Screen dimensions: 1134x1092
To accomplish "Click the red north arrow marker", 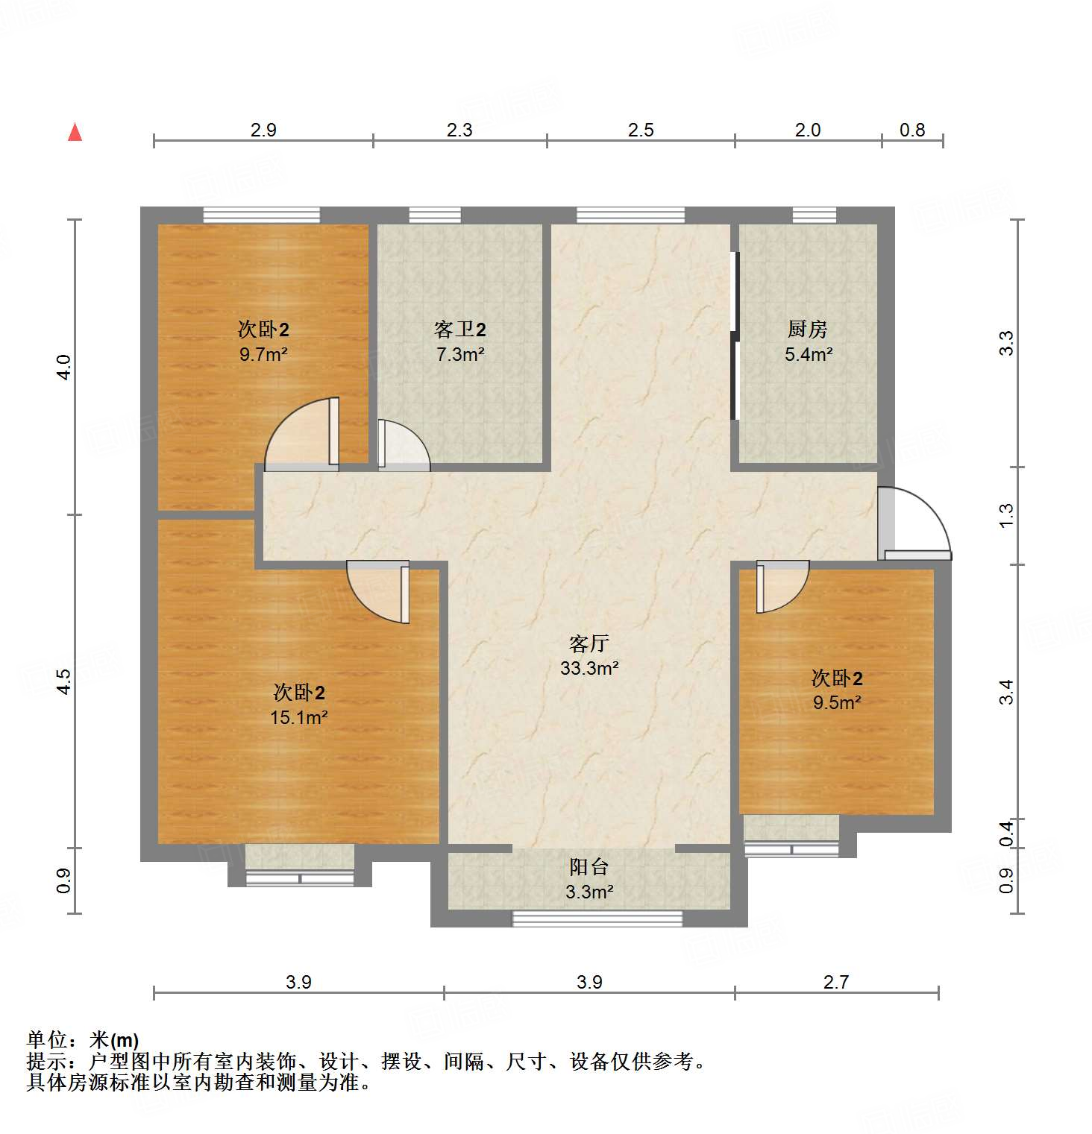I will (75, 133).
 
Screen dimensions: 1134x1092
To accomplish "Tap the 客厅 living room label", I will (589, 643).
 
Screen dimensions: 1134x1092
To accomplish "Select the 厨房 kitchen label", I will (807, 329).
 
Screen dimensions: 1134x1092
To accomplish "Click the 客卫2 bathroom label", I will (459, 329).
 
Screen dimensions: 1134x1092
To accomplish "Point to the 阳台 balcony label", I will (589, 866).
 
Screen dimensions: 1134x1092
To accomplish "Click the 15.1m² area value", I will (298, 717).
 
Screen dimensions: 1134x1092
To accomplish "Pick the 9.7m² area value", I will (263, 354).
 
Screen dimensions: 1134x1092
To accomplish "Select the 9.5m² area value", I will (837, 702).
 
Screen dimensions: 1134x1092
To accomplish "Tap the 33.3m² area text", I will (589, 668).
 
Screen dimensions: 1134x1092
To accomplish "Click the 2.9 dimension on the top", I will (263, 130).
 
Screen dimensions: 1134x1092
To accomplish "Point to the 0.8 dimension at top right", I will (911, 130).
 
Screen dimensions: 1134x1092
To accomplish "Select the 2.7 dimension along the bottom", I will (835, 982).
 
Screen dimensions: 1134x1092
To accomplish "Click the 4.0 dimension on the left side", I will (64, 367).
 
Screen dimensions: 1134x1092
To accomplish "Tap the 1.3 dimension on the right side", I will (1006, 515).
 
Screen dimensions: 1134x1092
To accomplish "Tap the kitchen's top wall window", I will (814, 215).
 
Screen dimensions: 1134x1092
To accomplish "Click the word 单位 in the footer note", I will (47, 1039).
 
